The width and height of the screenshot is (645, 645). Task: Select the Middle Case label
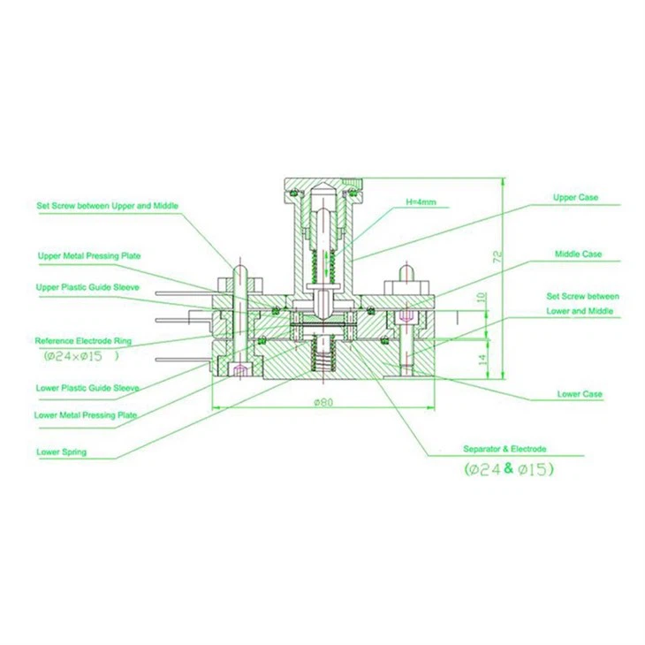pyautogui.click(x=578, y=254)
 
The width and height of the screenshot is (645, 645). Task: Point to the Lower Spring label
pyautogui.click(x=61, y=452)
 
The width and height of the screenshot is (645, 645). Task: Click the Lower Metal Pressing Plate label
pyautogui.click(x=86, y=414)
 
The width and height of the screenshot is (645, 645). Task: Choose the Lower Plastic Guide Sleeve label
pyautogui.click(x=87, y=388)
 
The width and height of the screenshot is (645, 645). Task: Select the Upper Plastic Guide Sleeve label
pyautogui.click(x=87, y=287)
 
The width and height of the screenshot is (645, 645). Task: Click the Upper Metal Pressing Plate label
pyautogui.click(x=88, y=255)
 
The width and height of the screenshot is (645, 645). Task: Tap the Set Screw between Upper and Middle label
pyautogui.click(x=107, y=206)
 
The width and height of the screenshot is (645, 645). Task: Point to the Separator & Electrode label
pyautogui.click(x=505, y=449)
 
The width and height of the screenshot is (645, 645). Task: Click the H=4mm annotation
pyautogui.click(x=421, y=202)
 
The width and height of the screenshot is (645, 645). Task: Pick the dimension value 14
pyautogui.click(x=482, y=360)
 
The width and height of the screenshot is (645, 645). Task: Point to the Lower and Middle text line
pyautogui.click(x=582, y=312)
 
